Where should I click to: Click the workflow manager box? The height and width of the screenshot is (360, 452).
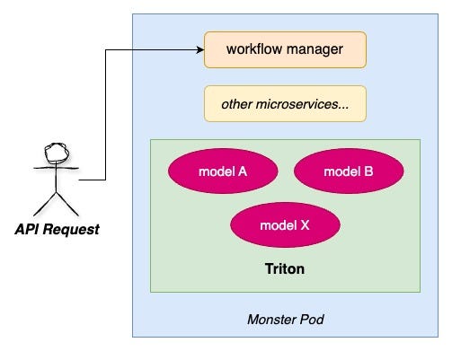285,49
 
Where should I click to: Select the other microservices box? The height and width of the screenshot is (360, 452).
285,104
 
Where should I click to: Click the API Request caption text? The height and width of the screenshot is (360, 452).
57,229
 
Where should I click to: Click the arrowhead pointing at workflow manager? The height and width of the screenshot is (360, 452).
199,49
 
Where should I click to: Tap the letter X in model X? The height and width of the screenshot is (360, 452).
305,224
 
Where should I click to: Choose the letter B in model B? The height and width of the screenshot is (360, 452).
368,171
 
